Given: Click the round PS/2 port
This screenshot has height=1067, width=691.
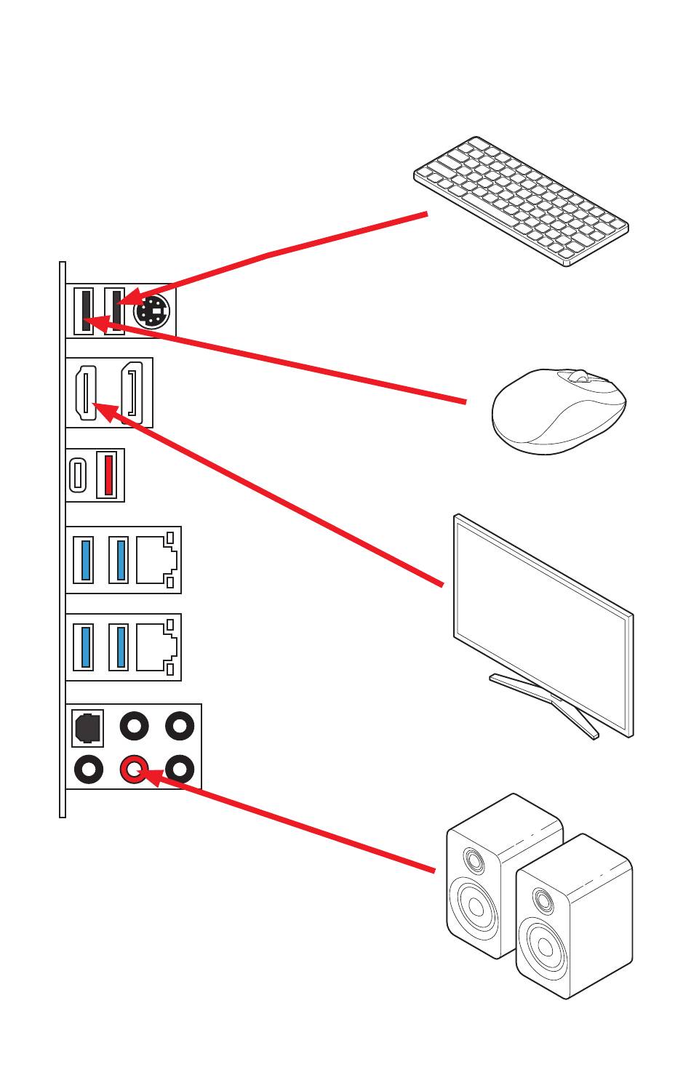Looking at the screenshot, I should pyautogui.click(x=151, y=313).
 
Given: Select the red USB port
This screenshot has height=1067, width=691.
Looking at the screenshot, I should pyautogui.click(x=108, y=474).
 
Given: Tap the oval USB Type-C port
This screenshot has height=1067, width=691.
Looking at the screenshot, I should pyautogui.click(x=78, y=474).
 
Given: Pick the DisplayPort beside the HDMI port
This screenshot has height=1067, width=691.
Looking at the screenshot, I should pyautogui.click(x=132, y=393).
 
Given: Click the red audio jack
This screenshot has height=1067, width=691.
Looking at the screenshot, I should pyautogui.click(x=134, y=768).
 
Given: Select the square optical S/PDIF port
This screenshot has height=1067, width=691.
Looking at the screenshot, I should pyautogui.click(x=87, y=728).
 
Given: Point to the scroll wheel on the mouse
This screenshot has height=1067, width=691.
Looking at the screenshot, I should pyautogui.click(x=578, y=376).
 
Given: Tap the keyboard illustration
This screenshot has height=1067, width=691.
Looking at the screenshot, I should pyautogui.click(x=521, y=200).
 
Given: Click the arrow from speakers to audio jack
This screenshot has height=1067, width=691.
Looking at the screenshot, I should pyautogui.click(x=291, y=822).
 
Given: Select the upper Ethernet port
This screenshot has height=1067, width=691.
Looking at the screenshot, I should pyautogui.click(x=156, y=560).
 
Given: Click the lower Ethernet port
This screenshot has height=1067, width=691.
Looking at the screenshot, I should pyautogui.click(x=156, y=647).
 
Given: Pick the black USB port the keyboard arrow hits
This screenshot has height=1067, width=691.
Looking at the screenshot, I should pyautogui.click(x=115, y=311).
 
